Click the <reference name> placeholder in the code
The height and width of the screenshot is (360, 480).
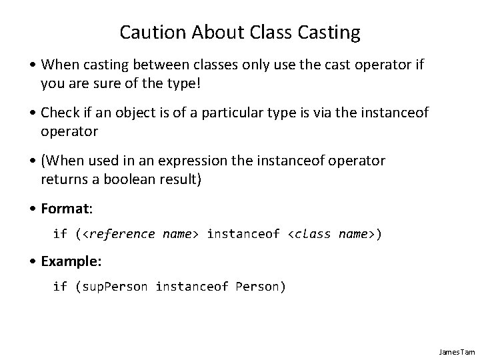pos(141,234)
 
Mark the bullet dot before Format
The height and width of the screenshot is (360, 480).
pos(34,209)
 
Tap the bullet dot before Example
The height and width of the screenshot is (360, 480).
pos(34,261)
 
